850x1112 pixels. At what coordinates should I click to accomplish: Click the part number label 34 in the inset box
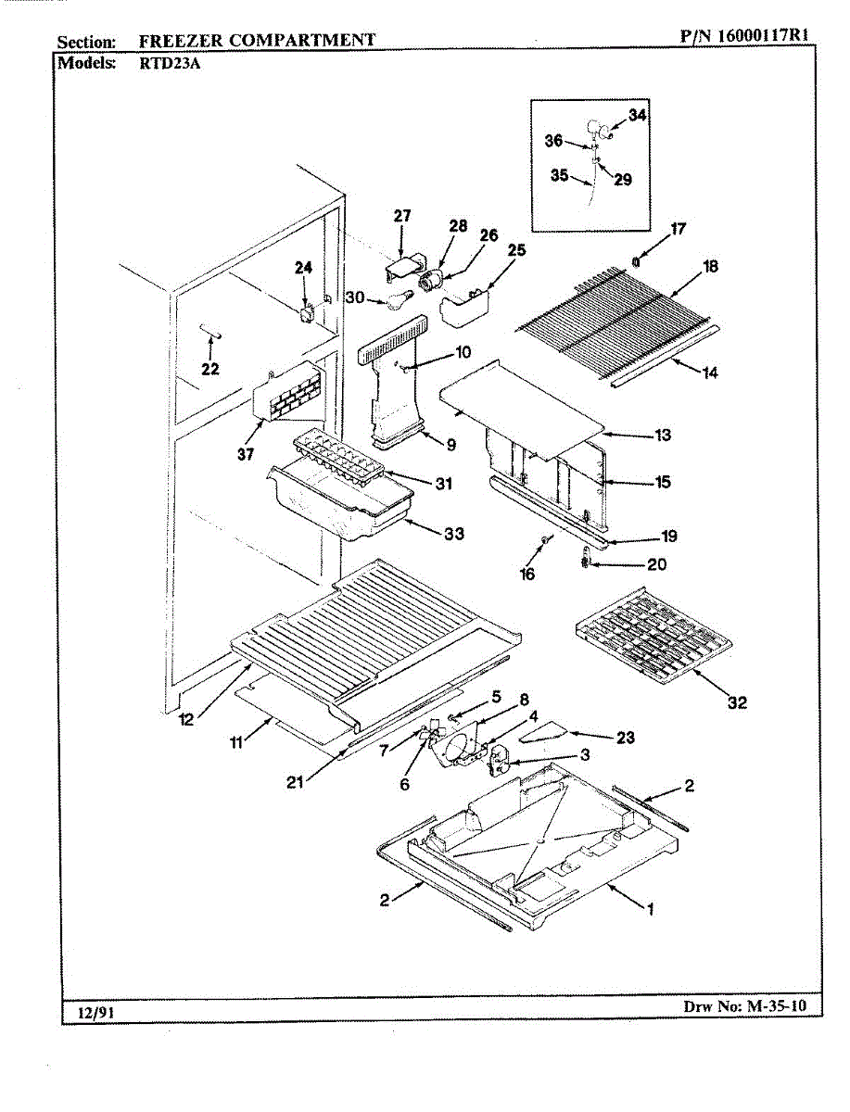(x=637, y=115)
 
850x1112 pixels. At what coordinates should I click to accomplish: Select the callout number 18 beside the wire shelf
(x=711, y=266)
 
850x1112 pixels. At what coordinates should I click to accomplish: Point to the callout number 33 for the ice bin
(x=454, y=534)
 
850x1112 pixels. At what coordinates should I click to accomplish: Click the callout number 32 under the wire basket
(x=737, y=703)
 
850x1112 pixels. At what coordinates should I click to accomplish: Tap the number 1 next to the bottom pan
(x=650, y=909)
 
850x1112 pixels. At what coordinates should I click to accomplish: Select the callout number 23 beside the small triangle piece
(x=626, y=739)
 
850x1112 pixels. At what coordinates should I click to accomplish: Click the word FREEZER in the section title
(x=178, y=40)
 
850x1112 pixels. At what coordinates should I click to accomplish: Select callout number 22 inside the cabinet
(x=211, y=369)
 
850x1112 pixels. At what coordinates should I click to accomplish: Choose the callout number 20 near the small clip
(x=655, y=564)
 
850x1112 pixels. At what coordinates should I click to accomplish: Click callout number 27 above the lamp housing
(x=401, y=216)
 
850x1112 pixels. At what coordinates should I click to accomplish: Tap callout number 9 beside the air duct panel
(x=450, y=445)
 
